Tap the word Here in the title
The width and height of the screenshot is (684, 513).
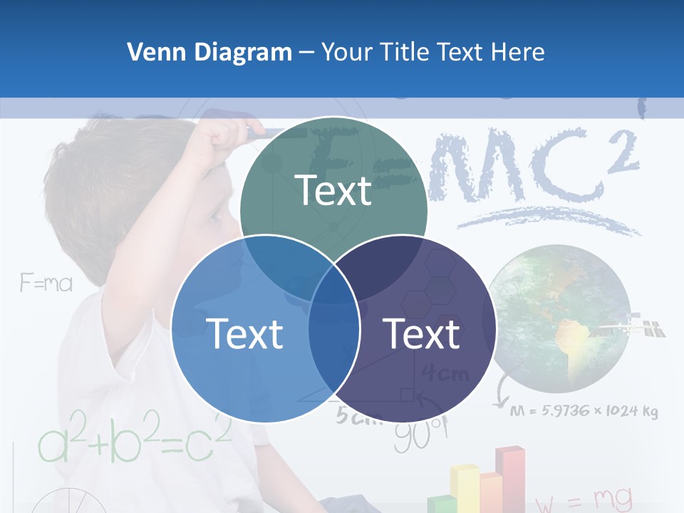tap(519, 52)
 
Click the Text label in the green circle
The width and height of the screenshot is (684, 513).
tap(333, 190)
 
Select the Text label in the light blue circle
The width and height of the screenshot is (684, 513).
tap(244, 333)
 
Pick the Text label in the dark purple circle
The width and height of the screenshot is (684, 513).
tap(421, 333)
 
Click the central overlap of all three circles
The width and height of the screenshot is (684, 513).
tap(333, 289)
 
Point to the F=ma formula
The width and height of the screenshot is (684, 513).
tap(46, 284)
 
